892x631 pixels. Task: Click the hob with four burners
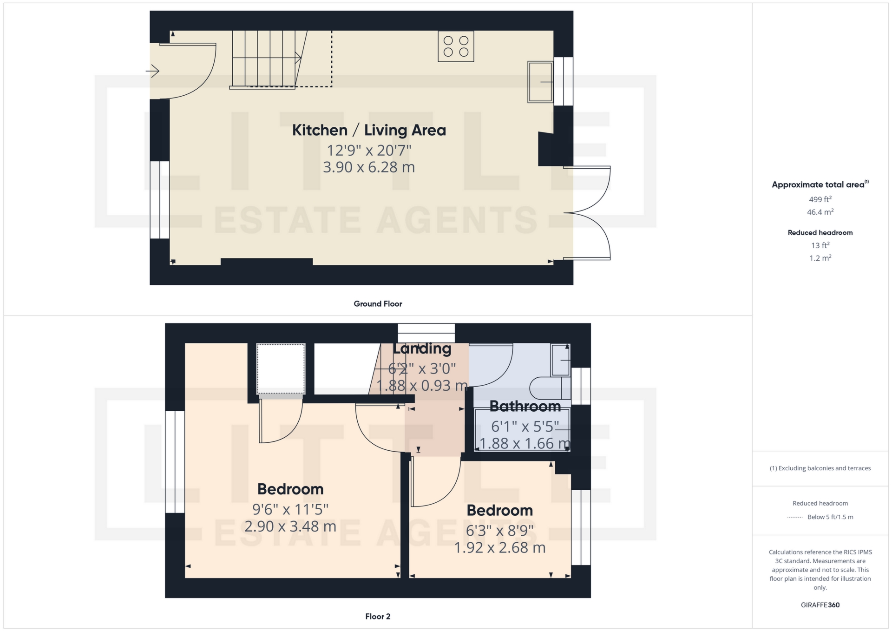(x=456, y=46)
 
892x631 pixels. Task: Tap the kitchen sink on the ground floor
(x=540, y=82)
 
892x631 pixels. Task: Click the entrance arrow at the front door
(x=152, y=71)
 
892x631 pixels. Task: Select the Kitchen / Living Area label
(x=369, y=130)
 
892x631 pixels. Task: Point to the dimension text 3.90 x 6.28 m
(x=369, y=167)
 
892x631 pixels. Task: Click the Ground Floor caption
(x=378, y=304)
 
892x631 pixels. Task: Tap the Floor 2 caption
(x=378, y=617)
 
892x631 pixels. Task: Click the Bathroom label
(x=525, y=407)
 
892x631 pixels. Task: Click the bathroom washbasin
(x=560, y=360)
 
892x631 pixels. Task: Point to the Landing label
(x=422, y=349)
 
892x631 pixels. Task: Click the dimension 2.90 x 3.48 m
(x=290, y=526)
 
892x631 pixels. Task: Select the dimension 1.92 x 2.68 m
(x=500, y=548)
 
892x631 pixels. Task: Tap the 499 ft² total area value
(x=820, y=199)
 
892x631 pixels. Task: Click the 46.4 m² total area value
(x=820, y=212)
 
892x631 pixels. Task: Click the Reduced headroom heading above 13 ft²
(x=820, y=233)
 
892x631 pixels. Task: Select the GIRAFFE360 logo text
(x=820, y=605)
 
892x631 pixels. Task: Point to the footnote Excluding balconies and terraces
(x=820, y=468)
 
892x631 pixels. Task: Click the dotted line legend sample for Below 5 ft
(x=795, y=517)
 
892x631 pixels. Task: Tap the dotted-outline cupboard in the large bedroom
(x=281, y=369)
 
